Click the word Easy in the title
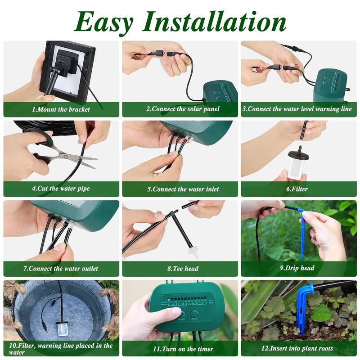pyautogui.click(x=104, y=21)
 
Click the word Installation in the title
pyautogui.click(x=215, y=21)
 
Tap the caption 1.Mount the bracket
pyautogui.click(x=61, y=109)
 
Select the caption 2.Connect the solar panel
pyautogui.click(x=180, y=109)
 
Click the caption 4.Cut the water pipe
pyautogui.click(x=61, y=189)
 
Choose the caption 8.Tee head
pyautogui.click(x=180, y=269)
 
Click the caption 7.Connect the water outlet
pyautogui.click(x=61, y=269)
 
